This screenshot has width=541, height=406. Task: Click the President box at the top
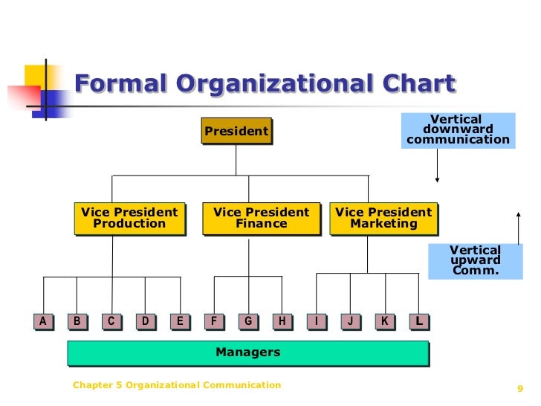236,132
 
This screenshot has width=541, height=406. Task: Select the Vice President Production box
129,218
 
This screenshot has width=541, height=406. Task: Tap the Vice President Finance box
261,218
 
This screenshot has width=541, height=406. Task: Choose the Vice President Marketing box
383,218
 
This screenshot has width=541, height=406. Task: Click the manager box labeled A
43,321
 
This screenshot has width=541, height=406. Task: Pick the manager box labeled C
111,321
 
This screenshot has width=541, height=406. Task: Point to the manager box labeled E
179,321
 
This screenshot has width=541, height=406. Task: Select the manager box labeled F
214,321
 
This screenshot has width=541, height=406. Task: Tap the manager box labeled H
282,321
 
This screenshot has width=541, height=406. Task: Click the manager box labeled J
350,321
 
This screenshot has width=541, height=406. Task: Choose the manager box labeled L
419,321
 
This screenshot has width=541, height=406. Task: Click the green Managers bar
247,352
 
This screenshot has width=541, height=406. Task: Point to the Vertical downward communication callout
458,130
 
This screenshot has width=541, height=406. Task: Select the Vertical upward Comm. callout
476,260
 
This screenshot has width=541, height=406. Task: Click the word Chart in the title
415,84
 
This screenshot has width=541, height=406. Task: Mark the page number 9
519,388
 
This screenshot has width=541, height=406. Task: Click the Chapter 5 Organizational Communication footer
177,385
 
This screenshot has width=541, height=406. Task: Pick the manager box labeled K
385,321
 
